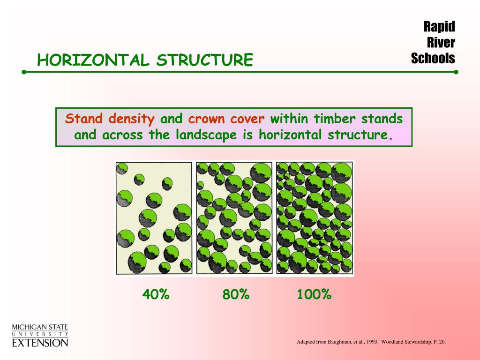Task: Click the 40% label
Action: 156,295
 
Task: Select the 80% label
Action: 236,295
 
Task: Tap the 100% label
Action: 314,295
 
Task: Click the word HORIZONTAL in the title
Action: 93,60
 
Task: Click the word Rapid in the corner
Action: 439,27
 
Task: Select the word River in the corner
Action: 441,43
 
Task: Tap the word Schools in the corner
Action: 433,58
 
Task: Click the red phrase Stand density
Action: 110,119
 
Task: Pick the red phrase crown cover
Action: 226,119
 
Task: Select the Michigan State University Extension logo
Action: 40,335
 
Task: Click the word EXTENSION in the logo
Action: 40,343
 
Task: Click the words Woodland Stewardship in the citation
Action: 406,342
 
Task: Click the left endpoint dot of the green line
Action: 24,72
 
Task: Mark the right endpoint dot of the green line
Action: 456,72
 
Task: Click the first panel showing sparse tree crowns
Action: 154,218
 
